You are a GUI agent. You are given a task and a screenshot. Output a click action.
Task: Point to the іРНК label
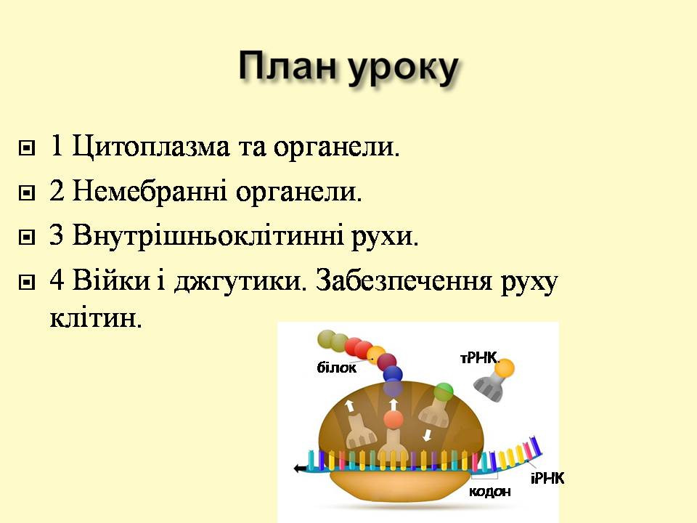(547, 478)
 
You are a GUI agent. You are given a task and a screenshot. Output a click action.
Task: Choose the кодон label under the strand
(489, 491)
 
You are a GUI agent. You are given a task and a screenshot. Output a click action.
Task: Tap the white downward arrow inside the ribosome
(427, 435)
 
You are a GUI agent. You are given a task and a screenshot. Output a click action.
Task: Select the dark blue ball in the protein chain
(393, 374)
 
